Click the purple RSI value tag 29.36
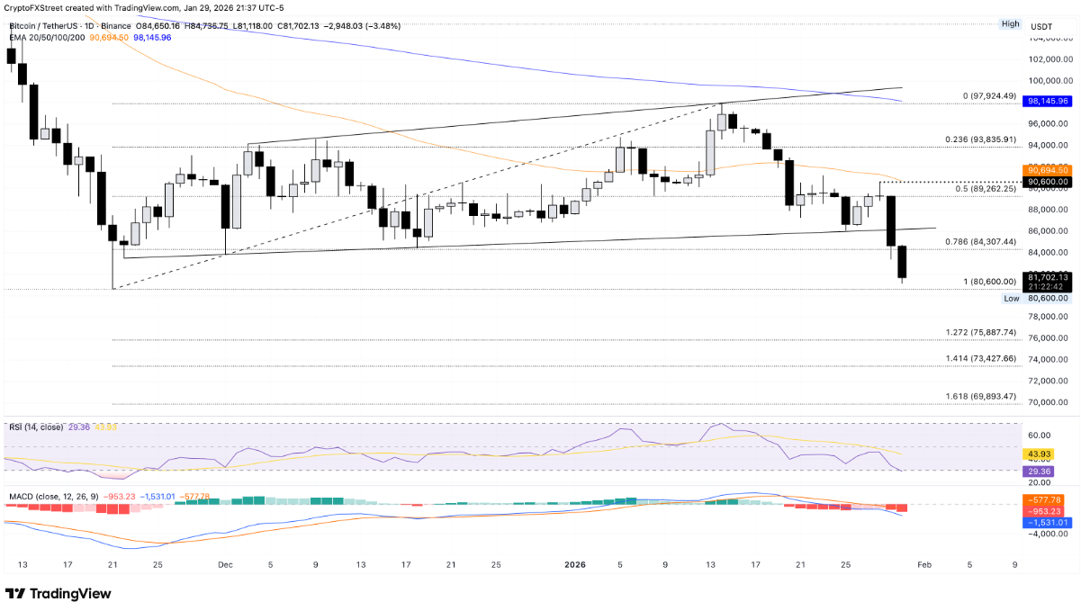pos(1040,471)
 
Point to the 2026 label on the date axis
pos(575,565)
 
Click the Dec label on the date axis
pos(225,565)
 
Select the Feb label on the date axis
pos(924,565)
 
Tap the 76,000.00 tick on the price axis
pos(1049,338)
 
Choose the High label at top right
pos(1011,24)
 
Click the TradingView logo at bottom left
pos(59,594)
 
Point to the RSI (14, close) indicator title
pos(36,427)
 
